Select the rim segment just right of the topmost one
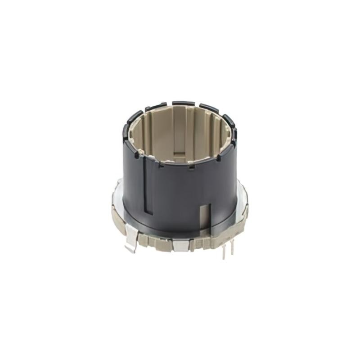point(209,108)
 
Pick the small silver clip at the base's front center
point(181,245)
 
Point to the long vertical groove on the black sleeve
point(144,189)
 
